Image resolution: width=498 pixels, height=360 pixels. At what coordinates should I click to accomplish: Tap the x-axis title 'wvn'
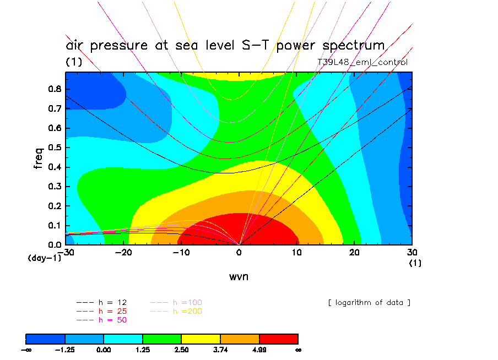[239, 276]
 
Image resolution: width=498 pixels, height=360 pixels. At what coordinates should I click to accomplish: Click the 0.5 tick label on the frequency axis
[55, 148]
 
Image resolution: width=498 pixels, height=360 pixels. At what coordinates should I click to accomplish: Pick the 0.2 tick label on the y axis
[55, 206]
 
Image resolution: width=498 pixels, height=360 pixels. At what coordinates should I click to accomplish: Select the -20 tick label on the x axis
[123, 252]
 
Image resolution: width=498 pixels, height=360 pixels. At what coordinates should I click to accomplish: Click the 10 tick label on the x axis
[297, 252]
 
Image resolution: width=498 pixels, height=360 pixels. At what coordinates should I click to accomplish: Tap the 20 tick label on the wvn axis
[355, 252]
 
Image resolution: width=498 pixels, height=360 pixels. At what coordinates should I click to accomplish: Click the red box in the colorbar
[279, 338]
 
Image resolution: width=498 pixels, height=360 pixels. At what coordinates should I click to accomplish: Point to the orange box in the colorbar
[240, 338]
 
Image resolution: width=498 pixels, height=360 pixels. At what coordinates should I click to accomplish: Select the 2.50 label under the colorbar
[181, 349]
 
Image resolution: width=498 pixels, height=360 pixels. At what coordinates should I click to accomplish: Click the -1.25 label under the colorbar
[65, 349]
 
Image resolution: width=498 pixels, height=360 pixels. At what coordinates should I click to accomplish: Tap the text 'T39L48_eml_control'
[362, 62]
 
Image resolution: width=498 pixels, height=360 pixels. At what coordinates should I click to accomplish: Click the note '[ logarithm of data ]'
[369, 303]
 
